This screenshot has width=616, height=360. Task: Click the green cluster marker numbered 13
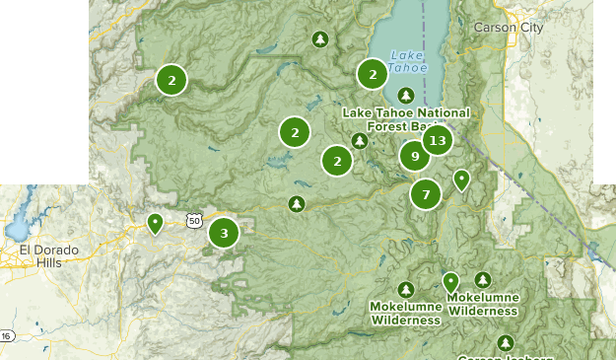[437, 140]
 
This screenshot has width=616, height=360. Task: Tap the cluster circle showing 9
[415, 156]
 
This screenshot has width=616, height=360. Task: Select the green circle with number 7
[426, 194]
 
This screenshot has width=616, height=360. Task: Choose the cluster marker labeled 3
[224, 233]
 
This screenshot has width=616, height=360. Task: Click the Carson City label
[508, 28]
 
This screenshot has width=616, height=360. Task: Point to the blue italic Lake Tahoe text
[408, 61]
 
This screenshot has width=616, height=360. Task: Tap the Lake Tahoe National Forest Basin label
[406, 119]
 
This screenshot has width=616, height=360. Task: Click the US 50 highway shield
[193, 220]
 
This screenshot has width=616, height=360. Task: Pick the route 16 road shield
[6, 336]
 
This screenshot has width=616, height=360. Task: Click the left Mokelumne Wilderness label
[405, 313]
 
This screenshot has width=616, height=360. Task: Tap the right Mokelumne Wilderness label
[483, 304]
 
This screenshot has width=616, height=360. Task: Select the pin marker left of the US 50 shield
[155, 224]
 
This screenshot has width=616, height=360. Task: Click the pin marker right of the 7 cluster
[461, 180]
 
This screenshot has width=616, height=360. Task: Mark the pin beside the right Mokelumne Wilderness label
[450, 282]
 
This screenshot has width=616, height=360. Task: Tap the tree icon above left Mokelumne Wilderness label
[405, 289]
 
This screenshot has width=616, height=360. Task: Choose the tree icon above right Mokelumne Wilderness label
[483, 280]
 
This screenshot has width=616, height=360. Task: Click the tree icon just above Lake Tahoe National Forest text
[405, 96]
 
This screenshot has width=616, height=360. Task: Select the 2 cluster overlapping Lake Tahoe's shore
[372, 74]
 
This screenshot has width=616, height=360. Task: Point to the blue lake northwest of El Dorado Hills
[17, 229]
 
